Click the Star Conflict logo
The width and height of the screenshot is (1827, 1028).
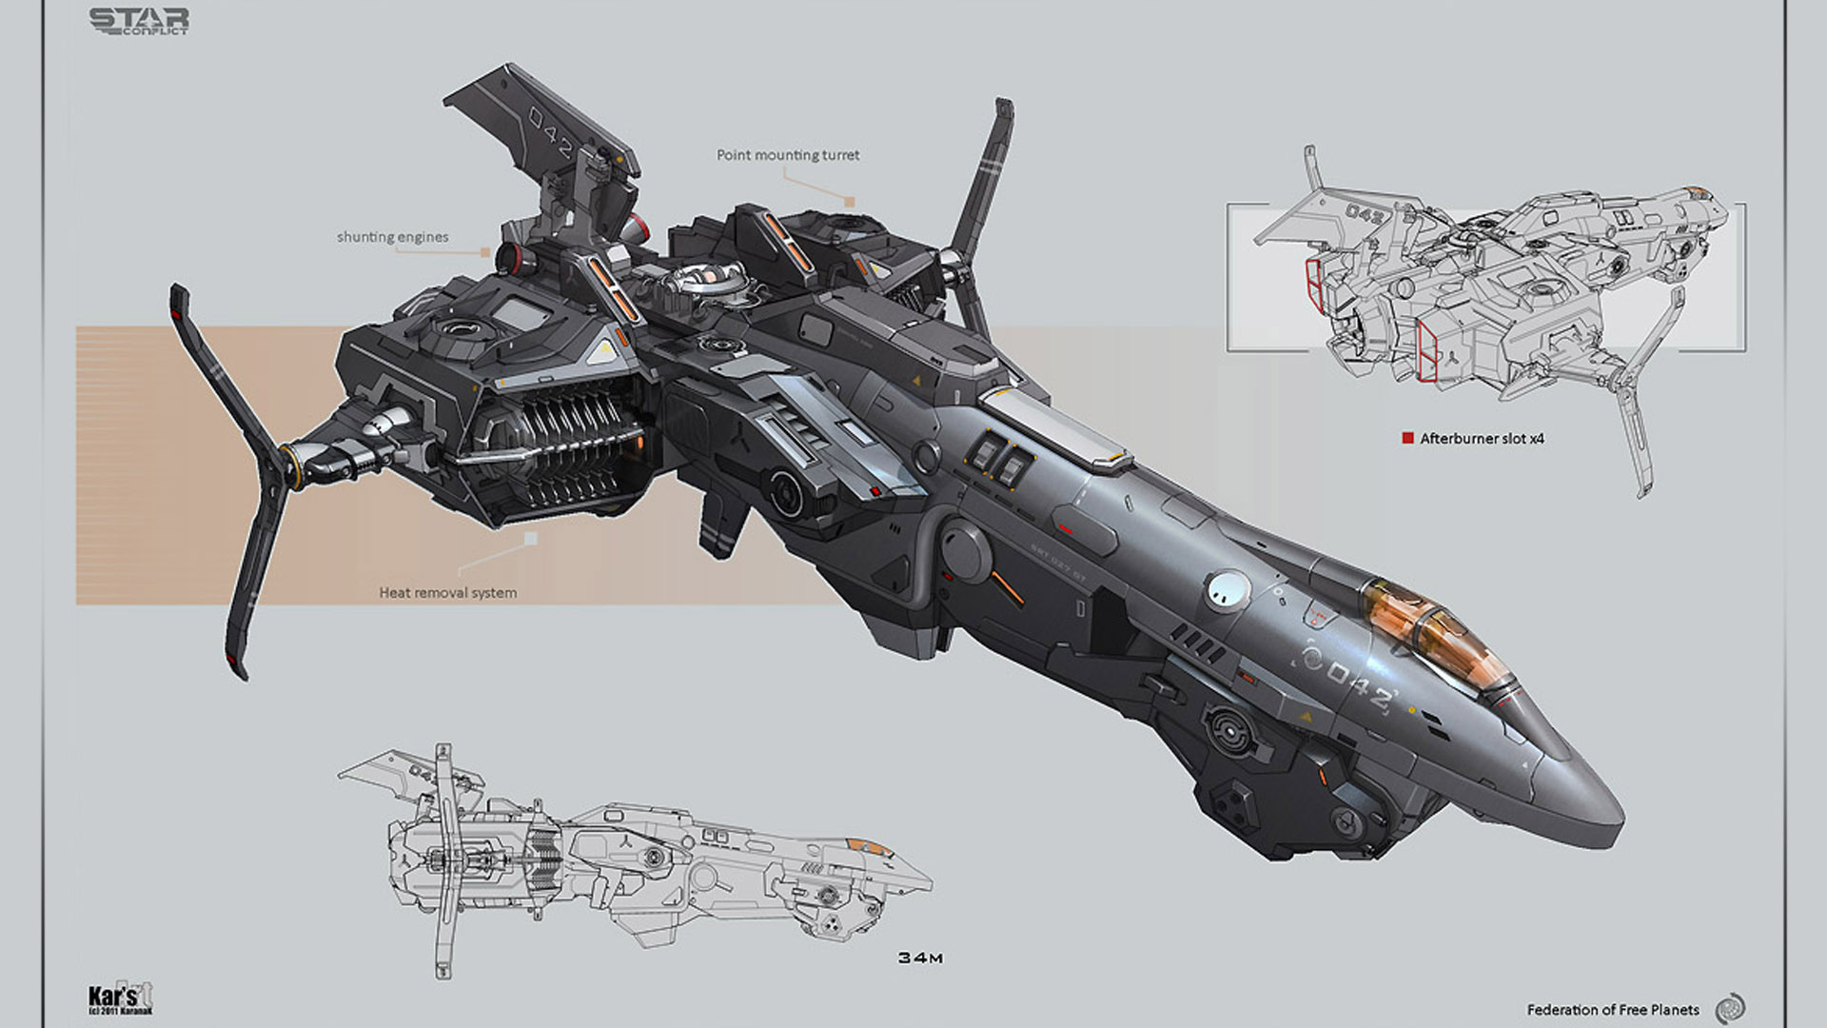[139, 21]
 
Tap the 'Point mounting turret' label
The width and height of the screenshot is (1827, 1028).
[788, 155]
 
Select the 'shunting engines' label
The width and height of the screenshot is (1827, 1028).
[392, 237]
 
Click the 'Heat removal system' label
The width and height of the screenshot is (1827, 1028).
[448, 592]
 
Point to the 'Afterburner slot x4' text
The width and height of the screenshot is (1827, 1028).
[1482, 439]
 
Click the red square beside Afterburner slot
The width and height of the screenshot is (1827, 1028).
[1407, 438]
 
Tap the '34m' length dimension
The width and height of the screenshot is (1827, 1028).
[920, 958]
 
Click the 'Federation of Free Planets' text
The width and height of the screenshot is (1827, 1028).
[1613, 1010]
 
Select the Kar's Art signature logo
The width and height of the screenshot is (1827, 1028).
[119, 998]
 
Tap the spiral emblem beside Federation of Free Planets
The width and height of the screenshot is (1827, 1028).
[1729, 1008]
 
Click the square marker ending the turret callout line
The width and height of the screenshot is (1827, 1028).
[850, 202]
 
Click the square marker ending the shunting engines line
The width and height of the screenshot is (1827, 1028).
[485, 252]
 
